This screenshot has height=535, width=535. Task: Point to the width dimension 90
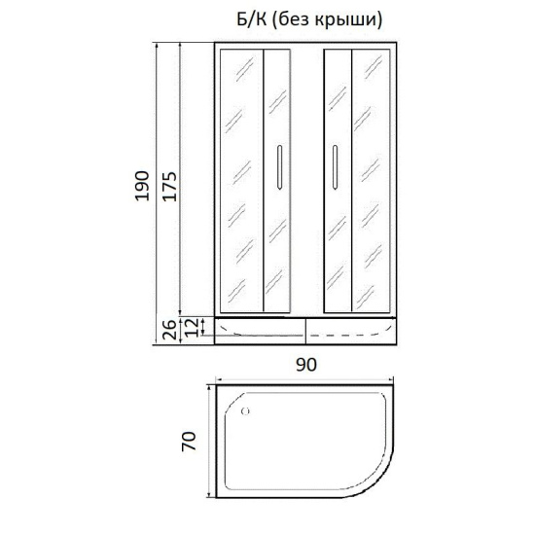click(x=305, y=364)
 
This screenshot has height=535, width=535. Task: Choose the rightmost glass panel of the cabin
click(x=374, y=180)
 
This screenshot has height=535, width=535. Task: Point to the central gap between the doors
click(x=306, y=180)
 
